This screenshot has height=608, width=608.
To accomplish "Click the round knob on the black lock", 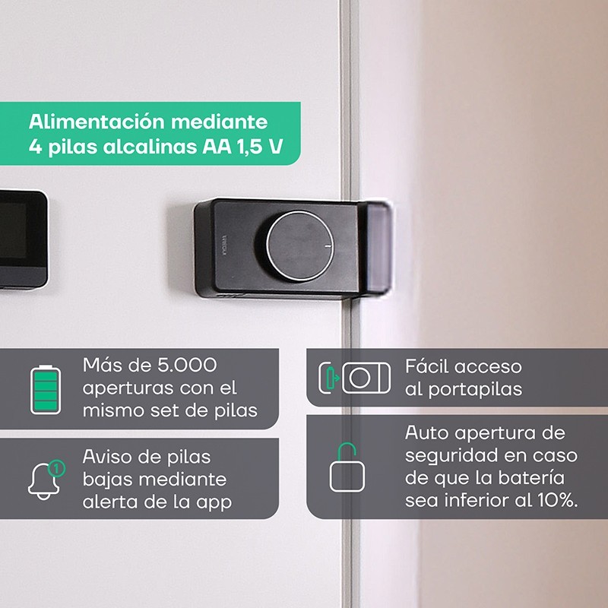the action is (x=300, y=245).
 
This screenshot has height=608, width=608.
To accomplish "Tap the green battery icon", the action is (x=46, y=389).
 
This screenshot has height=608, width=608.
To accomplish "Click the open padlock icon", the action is (x=347, y=467).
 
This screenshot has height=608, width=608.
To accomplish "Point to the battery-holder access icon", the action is (x=354, y=378).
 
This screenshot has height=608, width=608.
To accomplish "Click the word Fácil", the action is (x=426, y=366).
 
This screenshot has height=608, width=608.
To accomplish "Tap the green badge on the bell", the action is (x=56, y=468).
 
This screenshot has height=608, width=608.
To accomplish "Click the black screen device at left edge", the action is (x=23, y=239).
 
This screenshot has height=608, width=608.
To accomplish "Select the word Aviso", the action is (x=103, y=457).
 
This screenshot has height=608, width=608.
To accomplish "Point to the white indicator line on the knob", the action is (x=328, y=245).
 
